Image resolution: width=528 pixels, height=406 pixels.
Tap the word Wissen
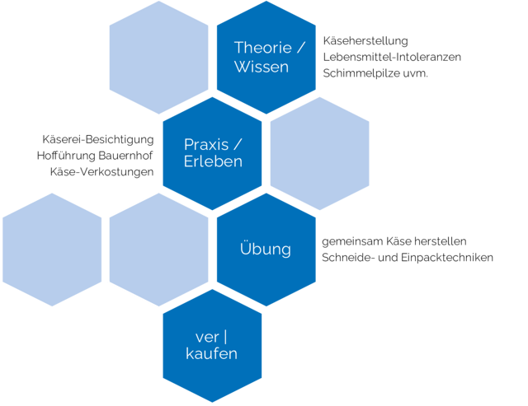262,67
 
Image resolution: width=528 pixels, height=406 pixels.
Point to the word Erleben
213,161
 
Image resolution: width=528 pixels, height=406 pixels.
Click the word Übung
265,249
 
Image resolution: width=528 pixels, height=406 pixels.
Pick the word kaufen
212,354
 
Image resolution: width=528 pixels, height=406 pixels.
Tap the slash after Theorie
301,47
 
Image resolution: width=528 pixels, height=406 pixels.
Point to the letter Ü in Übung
245,248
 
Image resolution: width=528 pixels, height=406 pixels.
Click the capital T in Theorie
238,47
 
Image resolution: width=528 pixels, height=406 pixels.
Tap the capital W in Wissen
242,67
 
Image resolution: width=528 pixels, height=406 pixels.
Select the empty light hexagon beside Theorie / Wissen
159,57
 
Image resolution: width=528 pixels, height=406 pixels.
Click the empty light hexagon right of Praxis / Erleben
319,153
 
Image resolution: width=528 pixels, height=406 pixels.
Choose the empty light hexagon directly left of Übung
158,250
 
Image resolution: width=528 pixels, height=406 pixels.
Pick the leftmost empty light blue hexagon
51,250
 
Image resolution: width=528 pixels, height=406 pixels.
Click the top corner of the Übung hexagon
266,193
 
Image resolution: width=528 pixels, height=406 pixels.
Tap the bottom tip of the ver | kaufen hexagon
212,402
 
